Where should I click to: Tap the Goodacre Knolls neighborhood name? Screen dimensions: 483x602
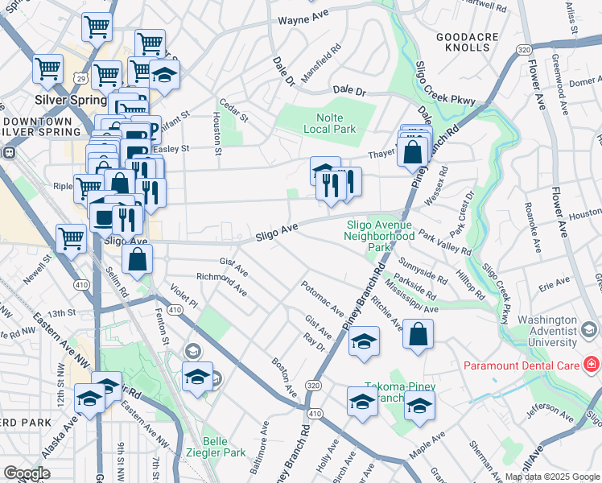coord(463,42)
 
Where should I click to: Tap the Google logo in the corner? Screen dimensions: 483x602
coord(27,473)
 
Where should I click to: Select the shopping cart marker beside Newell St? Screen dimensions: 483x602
coord(71,238)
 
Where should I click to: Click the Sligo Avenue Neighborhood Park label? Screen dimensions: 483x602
coord(379,237)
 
